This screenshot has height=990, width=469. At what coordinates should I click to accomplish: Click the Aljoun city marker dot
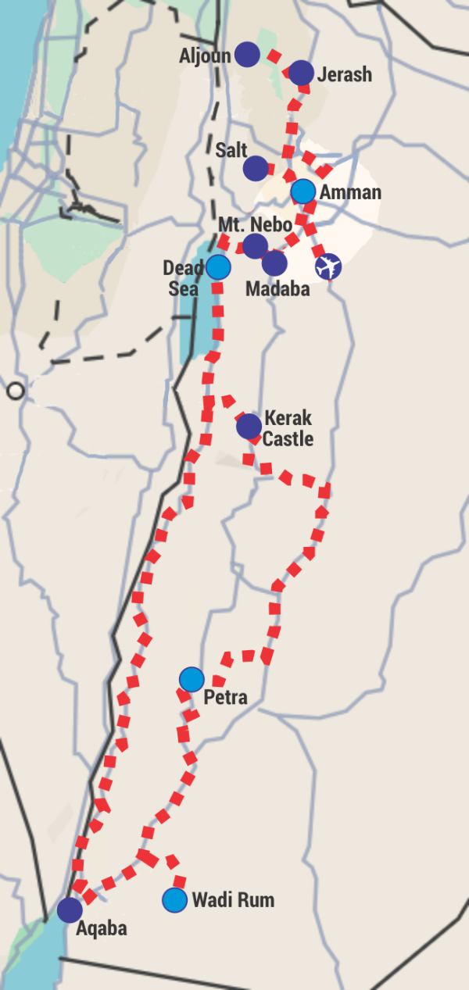pos(247,54)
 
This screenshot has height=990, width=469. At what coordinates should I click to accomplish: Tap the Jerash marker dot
pos(301,73)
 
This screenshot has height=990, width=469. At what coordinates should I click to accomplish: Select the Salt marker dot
pos(255,168)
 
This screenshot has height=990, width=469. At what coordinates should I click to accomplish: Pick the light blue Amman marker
pos(303,191)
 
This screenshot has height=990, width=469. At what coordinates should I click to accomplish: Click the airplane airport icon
pos(328,266)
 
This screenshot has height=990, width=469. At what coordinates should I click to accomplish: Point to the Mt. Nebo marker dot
pos(255,246)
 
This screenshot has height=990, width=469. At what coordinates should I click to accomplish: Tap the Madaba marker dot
pos(274,263)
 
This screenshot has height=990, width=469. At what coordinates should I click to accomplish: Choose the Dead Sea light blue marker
pos(218,267)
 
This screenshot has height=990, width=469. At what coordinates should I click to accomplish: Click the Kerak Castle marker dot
pos(249,426)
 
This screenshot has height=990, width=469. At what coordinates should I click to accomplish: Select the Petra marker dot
pos(192,680)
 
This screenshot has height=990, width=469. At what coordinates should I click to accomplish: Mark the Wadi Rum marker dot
pos(174,900)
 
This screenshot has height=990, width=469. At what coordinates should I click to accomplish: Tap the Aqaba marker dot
pos(70,910)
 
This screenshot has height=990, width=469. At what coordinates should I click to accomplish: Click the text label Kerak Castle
pos(288,428)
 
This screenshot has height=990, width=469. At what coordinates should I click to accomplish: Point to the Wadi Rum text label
pos(233,900)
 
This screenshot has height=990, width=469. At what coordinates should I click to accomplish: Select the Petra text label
pos(225,697)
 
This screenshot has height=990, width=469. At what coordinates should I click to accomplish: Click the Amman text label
pos(350,192)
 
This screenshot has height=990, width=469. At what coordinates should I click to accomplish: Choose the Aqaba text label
pos(102,929)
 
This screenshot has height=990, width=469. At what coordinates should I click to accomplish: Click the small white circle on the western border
pos(15,391)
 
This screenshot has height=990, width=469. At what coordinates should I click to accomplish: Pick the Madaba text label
pos(277,288)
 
